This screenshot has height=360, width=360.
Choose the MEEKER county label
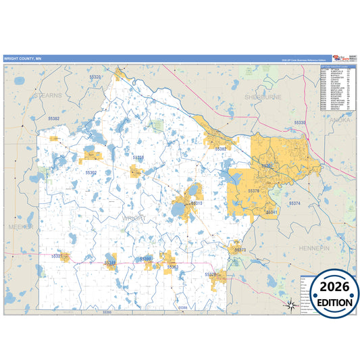tap(20, 228)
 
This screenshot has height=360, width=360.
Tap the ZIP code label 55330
tap(299, 122)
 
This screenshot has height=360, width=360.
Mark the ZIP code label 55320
tap(95, 77)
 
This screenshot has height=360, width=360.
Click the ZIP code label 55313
tap(197, 203)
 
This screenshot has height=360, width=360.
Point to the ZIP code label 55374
tap(294, 203)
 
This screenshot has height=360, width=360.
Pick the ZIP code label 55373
tap(240, 250)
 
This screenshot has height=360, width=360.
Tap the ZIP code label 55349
tap(110, 263)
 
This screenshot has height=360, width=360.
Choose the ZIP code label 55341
tap(272, 212)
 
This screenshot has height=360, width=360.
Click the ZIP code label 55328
tap(210, 274)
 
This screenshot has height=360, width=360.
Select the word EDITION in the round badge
tap(330, 303)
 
